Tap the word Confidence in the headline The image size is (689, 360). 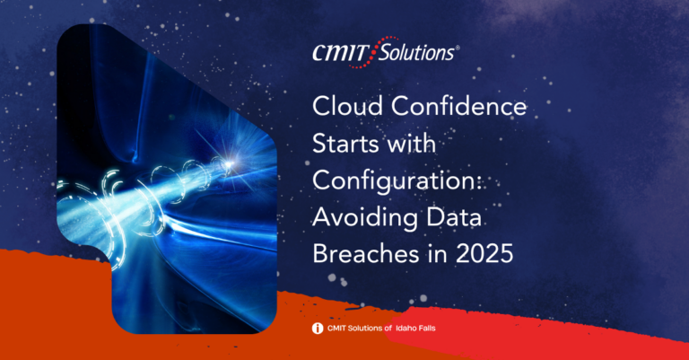coord(458,106)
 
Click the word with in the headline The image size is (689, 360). coord(409,144)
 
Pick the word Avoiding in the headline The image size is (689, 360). coord(366,218)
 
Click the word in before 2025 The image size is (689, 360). coord(443,254)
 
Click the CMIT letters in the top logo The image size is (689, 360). coord(339,53)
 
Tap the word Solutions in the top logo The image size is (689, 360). coord(416,53)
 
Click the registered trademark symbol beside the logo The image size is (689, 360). coord(457,48)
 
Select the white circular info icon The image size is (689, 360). coord(318,329)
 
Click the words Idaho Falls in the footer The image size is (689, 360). coord(415,329)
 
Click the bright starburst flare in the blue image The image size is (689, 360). coord(228,164)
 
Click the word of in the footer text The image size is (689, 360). coord(388,329)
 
